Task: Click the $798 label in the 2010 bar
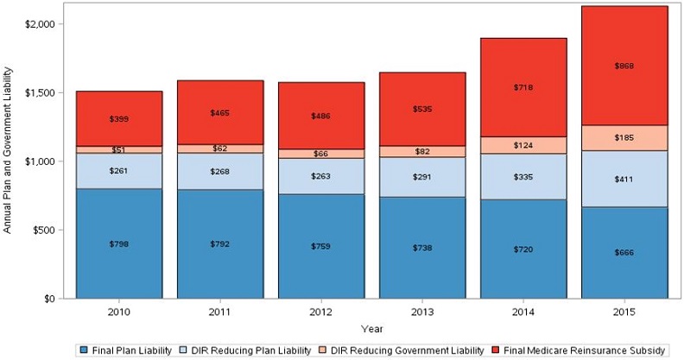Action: pos(119,243)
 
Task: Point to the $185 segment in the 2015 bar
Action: pos(624,137)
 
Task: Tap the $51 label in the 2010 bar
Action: pos(119,149)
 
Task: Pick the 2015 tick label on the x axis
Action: pos(624,310)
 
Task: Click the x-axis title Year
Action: pos(371,328)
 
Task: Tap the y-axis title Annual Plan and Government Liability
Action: pos(9,161)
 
